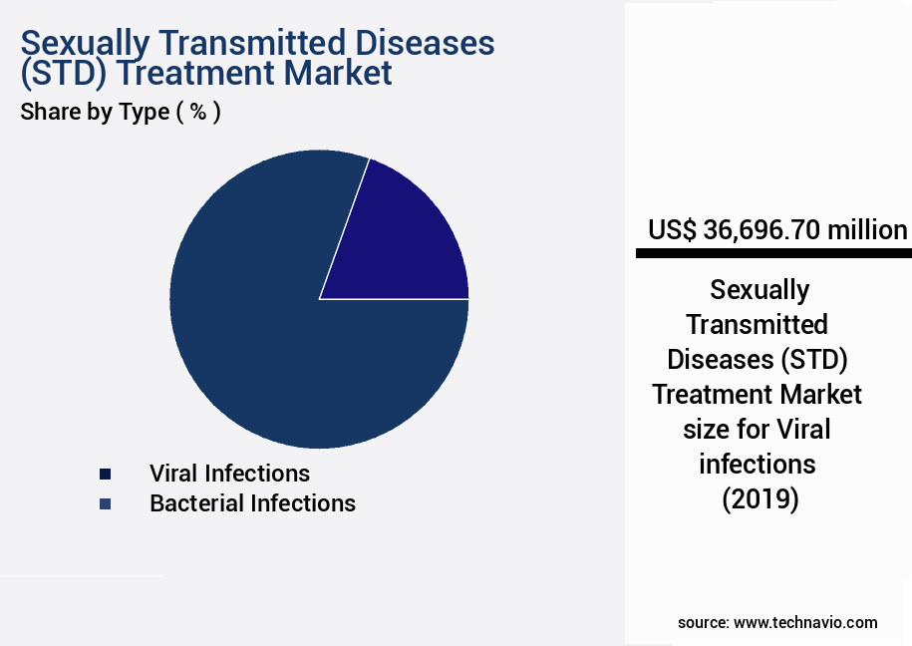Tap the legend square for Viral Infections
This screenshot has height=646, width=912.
pos(105,474)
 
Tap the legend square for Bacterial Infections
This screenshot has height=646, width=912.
pos(105,504)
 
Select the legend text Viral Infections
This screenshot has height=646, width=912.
pos(229,474)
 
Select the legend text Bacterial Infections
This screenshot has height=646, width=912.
pos(252,503)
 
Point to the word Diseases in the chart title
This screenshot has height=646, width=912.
pos(414,43)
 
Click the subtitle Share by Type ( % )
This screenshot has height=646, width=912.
pos(121,112)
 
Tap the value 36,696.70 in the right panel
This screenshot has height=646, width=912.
pos(762,230)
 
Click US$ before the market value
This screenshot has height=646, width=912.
pos(673,230)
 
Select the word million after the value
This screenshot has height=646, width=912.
pos(867,230)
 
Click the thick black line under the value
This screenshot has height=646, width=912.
pos(773,254)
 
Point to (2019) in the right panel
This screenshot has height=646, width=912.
pos(760,499)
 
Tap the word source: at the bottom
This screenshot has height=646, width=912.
pos(703,622)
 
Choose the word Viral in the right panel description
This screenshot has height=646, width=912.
pos(802,430)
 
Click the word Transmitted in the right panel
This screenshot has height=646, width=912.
pos(758,325)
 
